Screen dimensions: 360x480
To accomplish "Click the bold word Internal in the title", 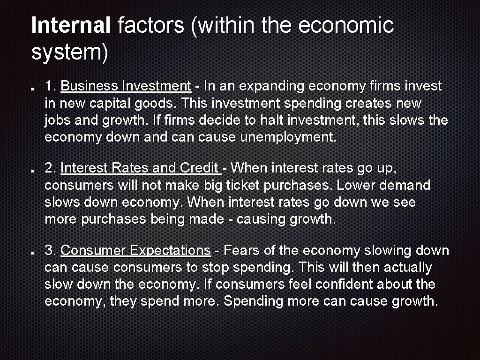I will point(70,25).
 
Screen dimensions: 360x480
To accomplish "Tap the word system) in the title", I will point(69,52).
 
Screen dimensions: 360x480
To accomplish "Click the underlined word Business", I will point(89,86).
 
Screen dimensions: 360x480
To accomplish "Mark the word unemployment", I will point(288,137).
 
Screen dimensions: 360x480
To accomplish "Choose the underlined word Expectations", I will point(170,251).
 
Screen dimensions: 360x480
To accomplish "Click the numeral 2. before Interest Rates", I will point(50,168).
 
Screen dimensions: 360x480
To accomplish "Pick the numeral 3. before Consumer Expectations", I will point(50,251).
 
